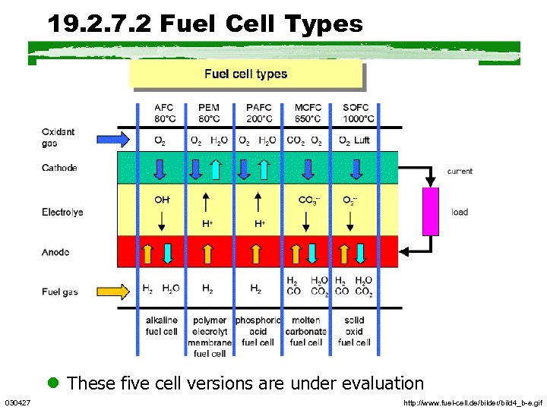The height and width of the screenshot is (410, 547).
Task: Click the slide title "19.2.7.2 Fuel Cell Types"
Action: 205,24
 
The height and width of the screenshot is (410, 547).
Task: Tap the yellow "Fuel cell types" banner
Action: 245,74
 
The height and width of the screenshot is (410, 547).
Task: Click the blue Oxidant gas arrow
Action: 114,138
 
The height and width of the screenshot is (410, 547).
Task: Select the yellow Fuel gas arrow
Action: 114,291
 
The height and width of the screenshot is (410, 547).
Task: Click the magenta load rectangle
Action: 432,211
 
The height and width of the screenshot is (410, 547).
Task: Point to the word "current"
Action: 460,172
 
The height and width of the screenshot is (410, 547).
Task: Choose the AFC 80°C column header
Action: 163,113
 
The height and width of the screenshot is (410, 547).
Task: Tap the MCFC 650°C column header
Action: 307,113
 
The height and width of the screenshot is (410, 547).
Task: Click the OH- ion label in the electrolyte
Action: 162,200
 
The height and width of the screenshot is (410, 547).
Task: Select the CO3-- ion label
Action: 308,200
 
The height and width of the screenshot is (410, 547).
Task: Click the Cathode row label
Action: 59,168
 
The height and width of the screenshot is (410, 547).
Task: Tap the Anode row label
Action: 55,251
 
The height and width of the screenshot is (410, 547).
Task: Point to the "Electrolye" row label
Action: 62,212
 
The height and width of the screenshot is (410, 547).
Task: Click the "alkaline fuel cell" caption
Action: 162,326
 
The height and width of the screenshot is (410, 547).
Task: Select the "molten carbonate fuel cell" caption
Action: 306,331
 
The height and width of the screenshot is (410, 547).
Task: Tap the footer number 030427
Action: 17,402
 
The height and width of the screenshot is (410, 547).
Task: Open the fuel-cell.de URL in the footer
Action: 473,402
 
